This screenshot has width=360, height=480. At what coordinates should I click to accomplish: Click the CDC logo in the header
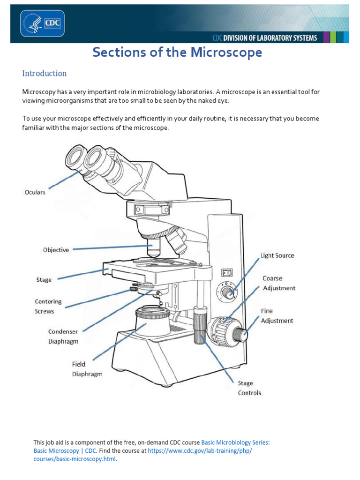(x=42, y=23)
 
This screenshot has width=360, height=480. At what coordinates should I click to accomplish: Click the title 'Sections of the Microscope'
(x=177, y=52)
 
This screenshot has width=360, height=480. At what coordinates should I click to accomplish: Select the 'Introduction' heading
(x=45, y=74)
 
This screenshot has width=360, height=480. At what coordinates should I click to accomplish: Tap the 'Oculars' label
(x=35, y=192)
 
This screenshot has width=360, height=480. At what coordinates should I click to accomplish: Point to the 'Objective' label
(x=56, y=250)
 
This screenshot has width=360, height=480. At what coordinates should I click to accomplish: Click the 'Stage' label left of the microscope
(x=44, y=280)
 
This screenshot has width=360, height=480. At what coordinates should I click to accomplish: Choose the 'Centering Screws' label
(x=48, y=306)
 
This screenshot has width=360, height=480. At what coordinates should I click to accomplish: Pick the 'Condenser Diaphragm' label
(x=63, y=337)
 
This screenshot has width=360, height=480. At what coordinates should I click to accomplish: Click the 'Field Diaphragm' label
(x=87, y=369)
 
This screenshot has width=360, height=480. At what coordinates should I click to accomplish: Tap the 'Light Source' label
(x=277, y=255)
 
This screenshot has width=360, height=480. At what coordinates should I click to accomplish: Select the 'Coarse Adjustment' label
(x=279, y=283)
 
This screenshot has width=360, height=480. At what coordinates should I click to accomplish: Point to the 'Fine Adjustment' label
(x=277, y=315)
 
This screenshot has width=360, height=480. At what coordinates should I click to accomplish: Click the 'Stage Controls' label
(x=249, y=388)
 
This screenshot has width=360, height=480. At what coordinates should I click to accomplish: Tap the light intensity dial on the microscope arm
(x=227, y=293)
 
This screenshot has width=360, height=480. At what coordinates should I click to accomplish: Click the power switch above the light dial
(x=227, y=272)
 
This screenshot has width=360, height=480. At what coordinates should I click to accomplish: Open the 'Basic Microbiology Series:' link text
(x=235, y=442)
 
